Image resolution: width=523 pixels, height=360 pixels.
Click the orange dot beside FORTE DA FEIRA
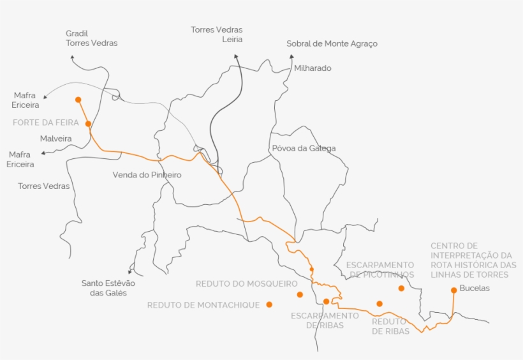88,124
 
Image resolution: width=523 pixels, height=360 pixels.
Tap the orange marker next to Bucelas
453,290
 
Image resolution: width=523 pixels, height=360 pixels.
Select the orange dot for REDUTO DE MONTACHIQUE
269,304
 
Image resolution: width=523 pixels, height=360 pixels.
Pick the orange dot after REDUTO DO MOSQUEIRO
300,294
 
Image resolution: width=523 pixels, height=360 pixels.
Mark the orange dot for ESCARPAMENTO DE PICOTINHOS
401,288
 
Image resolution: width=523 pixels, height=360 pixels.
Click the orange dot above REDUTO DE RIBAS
379,304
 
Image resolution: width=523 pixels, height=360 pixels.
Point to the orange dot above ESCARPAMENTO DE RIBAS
326,301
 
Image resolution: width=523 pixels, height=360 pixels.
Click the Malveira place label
55,139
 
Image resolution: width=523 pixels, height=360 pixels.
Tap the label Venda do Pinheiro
147,175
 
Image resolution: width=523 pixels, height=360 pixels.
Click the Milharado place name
313,68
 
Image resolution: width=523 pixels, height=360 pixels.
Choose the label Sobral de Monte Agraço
332,44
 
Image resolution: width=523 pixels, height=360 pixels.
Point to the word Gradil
77,33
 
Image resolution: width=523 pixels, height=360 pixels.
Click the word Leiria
232,40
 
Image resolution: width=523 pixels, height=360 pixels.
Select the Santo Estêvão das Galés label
108,288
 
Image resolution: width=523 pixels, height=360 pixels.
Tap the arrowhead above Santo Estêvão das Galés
129,271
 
